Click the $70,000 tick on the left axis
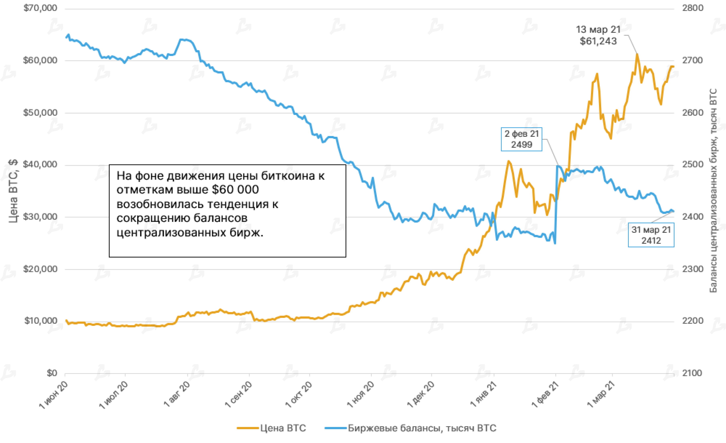40,8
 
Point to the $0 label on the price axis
52,373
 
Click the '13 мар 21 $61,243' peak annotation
598,35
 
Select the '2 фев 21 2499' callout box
522,139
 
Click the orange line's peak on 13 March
637,54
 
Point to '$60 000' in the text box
235,190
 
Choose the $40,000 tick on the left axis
40,165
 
